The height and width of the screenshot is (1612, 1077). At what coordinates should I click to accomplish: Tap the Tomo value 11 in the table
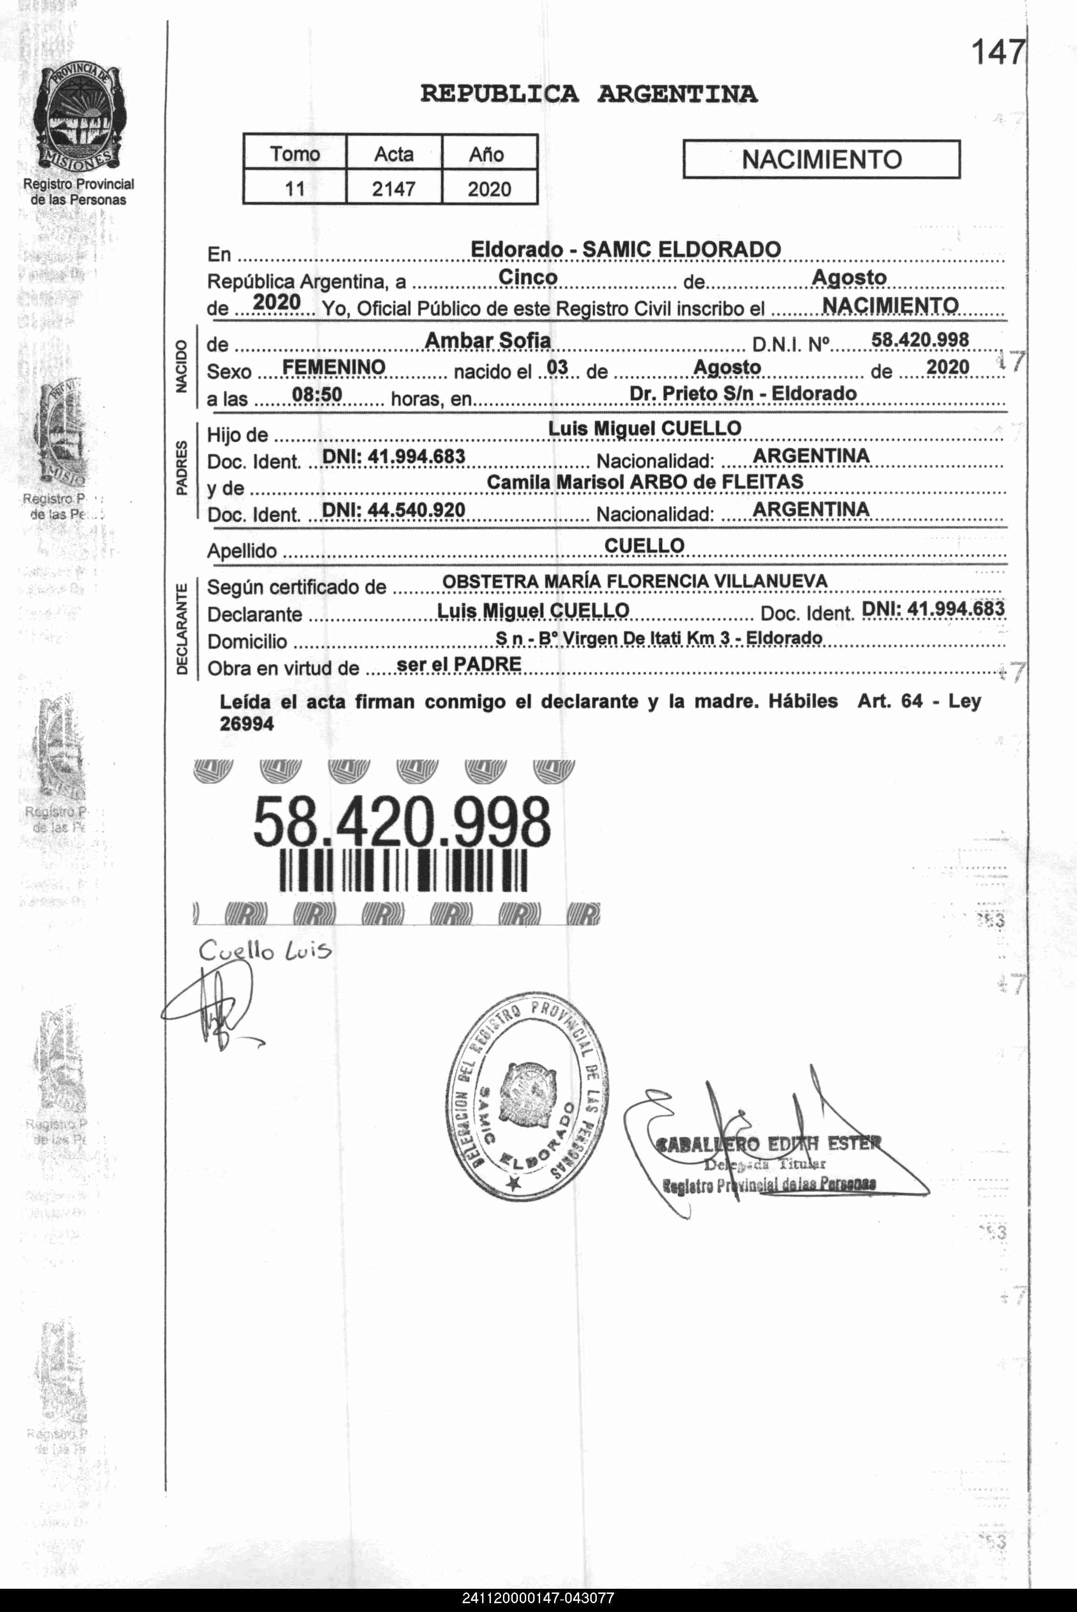coord(294,188)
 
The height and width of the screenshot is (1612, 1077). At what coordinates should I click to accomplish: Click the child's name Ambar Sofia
coord(488,340)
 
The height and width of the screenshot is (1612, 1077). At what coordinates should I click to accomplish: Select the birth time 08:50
coord(317,395)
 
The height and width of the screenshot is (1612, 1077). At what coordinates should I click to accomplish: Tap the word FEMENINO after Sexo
coord(334,367)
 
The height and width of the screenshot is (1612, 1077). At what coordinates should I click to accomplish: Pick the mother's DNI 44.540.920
coord(393,510)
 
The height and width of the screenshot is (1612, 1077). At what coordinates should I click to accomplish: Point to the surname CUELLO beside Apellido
coord(644,546)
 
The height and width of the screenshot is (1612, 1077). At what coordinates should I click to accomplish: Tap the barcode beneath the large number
coord(403,871)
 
